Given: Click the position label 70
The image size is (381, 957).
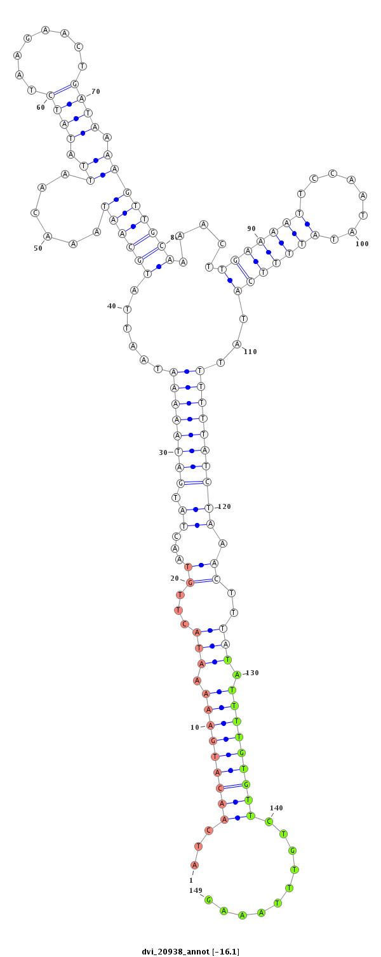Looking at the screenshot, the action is click(x=96, y=91).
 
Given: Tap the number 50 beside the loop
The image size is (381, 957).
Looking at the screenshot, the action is click(x=38, y=248).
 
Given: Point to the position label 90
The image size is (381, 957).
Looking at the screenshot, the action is click(x=251, y=228).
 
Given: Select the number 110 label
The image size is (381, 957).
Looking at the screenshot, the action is click(x=251, y=352).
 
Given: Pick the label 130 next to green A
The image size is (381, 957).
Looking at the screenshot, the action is click(x=252, y=673).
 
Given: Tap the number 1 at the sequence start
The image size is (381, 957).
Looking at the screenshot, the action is click(x=191, y=880).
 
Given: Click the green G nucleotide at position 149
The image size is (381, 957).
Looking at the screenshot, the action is click(x=208, y=900).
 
